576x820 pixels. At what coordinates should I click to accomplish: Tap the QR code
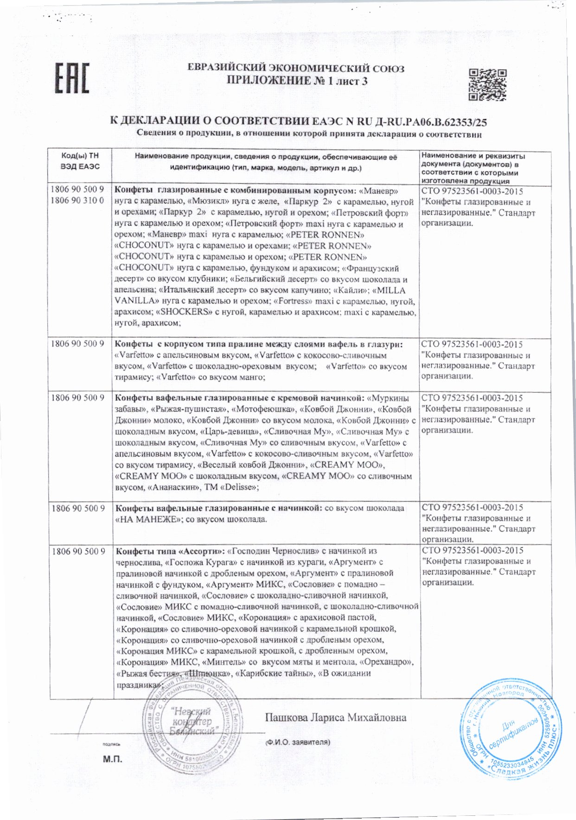[x=487, y=84]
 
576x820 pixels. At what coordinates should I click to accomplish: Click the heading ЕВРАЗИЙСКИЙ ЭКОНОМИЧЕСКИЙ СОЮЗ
[x=296, y=69]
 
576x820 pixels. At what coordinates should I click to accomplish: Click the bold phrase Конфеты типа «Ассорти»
[x=170, y=551]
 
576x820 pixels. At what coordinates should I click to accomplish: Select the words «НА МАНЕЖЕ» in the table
[x=148, y=519]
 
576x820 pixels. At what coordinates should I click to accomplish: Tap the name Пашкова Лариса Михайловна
[x=335, y=717]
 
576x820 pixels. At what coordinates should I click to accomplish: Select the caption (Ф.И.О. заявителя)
[x=297, y=742]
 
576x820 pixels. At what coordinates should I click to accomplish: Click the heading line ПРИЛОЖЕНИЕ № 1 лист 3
[x=297, y=81]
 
